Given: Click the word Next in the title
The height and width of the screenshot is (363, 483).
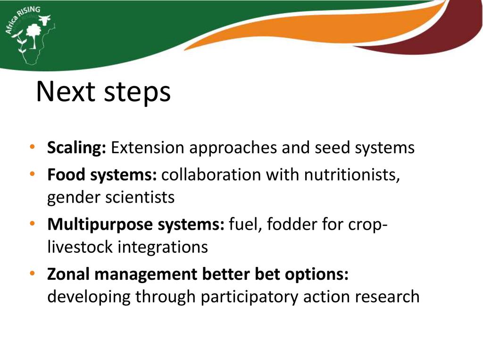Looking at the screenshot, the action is [x=66, y=91].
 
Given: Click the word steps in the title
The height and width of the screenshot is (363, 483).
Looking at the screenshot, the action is [x=137, y=93].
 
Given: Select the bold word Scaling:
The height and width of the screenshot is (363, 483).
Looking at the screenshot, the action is [x=77, y=148].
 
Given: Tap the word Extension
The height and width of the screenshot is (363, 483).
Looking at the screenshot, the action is [x=148, y=147].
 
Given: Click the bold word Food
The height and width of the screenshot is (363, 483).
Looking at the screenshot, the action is [x=66, y=174].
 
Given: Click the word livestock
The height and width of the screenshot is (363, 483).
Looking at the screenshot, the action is [x=80, y=247].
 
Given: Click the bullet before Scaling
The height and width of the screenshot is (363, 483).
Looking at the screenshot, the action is [x=33, y=147].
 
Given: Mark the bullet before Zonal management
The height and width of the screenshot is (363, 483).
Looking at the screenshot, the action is [x=33, y=273].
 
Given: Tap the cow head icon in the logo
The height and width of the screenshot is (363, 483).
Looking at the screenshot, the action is [x=45, y=19].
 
